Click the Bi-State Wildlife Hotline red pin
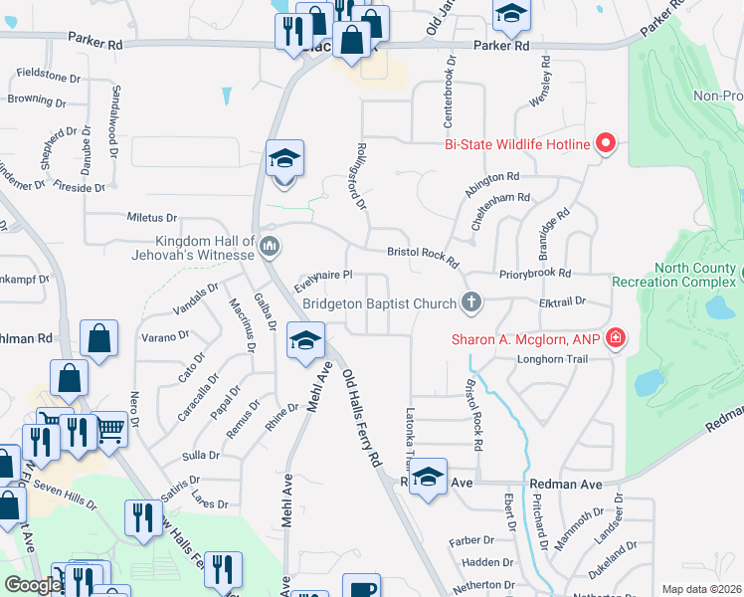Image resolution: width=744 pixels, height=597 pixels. (x=605, y=145)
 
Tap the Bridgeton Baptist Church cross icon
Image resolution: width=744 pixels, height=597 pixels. (x=472, y=301)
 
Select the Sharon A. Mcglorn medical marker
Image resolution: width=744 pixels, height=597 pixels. (x=616, y=339)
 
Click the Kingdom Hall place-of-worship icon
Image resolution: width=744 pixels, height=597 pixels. (x=268, y=246)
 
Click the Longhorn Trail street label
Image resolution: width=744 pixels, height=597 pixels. (x=562, y=358)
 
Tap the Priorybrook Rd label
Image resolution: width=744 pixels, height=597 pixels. (x=536, y=273)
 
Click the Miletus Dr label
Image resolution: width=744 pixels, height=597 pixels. (x=151, y=217)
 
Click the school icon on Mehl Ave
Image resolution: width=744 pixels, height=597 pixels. (x=305, y=341)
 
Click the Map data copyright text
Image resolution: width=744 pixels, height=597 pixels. (x=701, y=589)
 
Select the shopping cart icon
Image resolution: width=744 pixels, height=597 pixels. (x=111, y=429)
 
